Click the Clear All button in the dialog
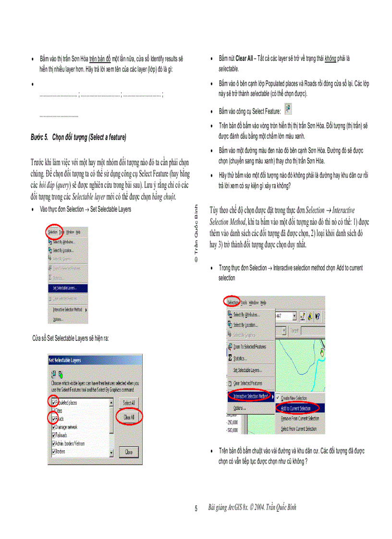pyautogui.click(x=128, y=418)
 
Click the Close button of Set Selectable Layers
pyautogui.click(x=128, y=452)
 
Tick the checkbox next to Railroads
pyautogui.click(x=54, y=435)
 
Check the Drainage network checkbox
pyautogui.click(x=54, y=427)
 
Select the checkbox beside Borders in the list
pyautogui.click(x=54, y=452)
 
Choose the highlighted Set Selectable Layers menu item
pyautogui.click(x=67, y=288)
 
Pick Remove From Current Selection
pyautogui.click(x=298, y=419)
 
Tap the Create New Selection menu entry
pyautogui.click(x=294, y=398)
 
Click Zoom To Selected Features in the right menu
pyautogui.click(x=249, y=346)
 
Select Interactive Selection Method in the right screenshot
pyautogui.click(x=250, y=396)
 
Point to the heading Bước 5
pyautogui.click(x=39, y=137)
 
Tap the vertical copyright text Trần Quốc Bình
pyautogui.click(x=196, y=232)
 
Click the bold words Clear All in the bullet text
pyautogui.click(x=244, y=59)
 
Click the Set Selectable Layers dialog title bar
pyautogui.click(x=95, y=359)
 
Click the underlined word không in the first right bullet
pyautogui.click(x=331, y=59)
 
